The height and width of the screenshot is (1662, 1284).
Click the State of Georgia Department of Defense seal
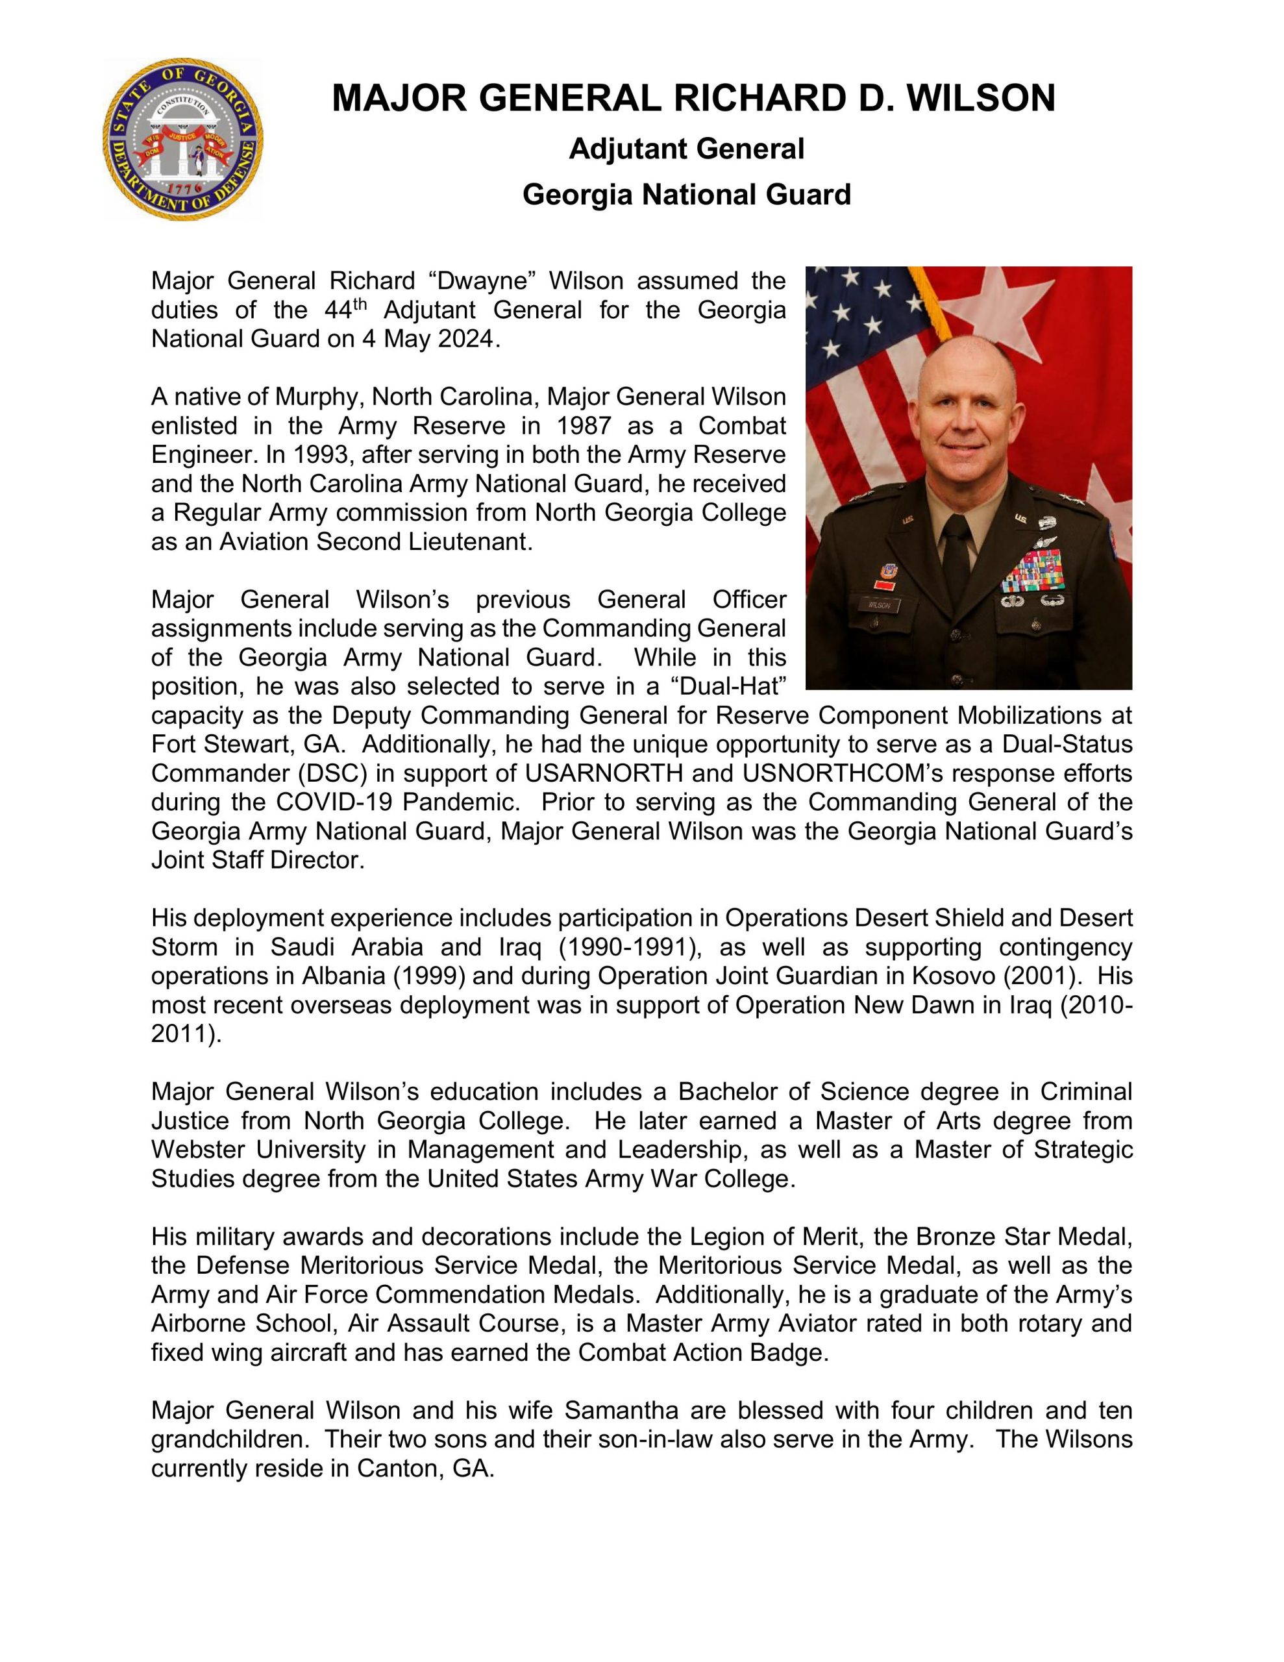[182, 140]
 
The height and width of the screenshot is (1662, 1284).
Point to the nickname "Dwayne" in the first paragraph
[482, 281]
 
